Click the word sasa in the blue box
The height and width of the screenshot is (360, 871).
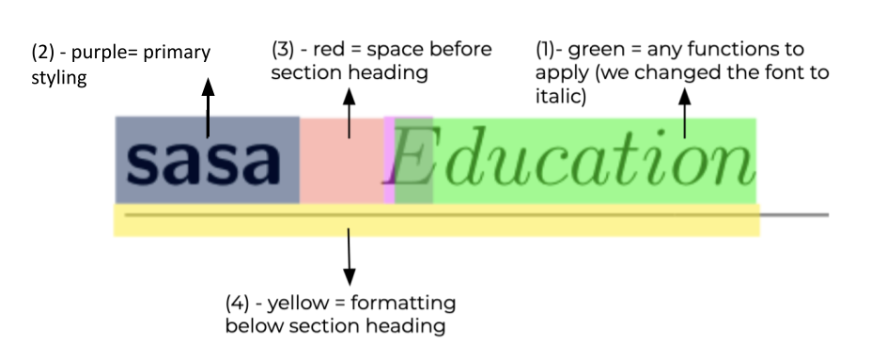pyautogui.click(x=205, y=162)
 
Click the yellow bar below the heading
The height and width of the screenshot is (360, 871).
pyautogui.click(x=436, y=221)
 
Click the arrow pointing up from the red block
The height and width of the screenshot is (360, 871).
pyautogui.click(x=350, y=112)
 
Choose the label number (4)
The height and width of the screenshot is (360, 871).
pyautogui.click(x=241, y=305)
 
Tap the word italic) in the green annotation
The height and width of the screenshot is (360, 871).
pyautogui.click(x=562, y=96)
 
